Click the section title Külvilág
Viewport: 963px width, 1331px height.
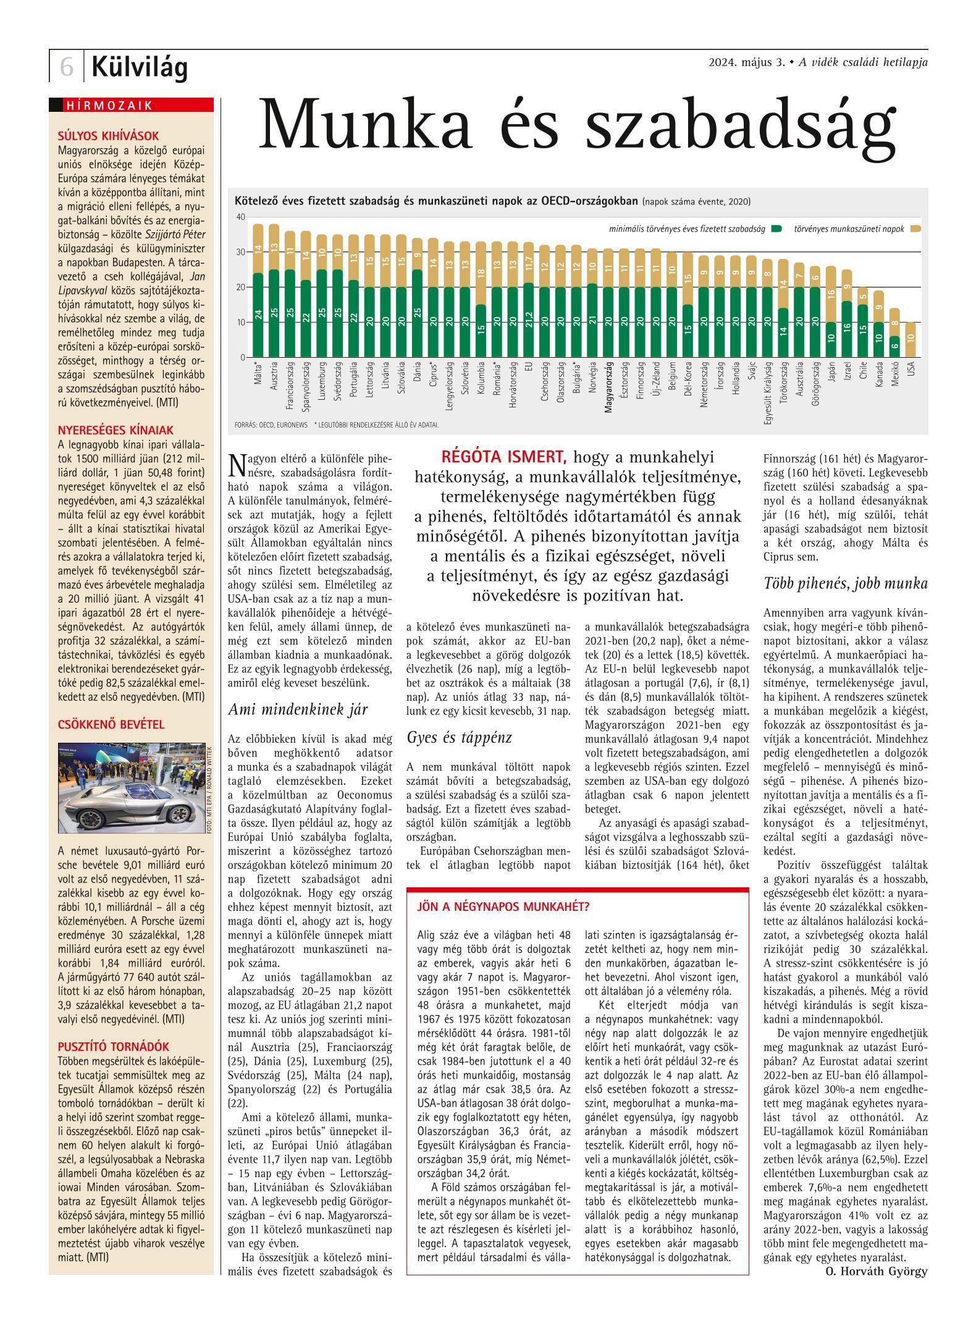(x=140, y=67)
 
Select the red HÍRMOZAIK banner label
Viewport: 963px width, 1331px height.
(x=108, y=105)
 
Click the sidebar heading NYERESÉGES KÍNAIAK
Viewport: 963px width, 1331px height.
(x=116, y=430)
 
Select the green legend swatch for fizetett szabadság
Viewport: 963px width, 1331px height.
(x=776, y=229)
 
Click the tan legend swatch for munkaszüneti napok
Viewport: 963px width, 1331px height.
(x=915, y=229)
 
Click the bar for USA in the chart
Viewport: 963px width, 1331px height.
(x=910, y=339)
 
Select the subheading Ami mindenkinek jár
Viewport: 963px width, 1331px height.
(x=298, y=709)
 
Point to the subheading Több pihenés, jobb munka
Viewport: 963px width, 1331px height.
(x=845, y=583)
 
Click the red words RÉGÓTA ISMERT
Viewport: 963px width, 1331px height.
(x=503, y=458)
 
